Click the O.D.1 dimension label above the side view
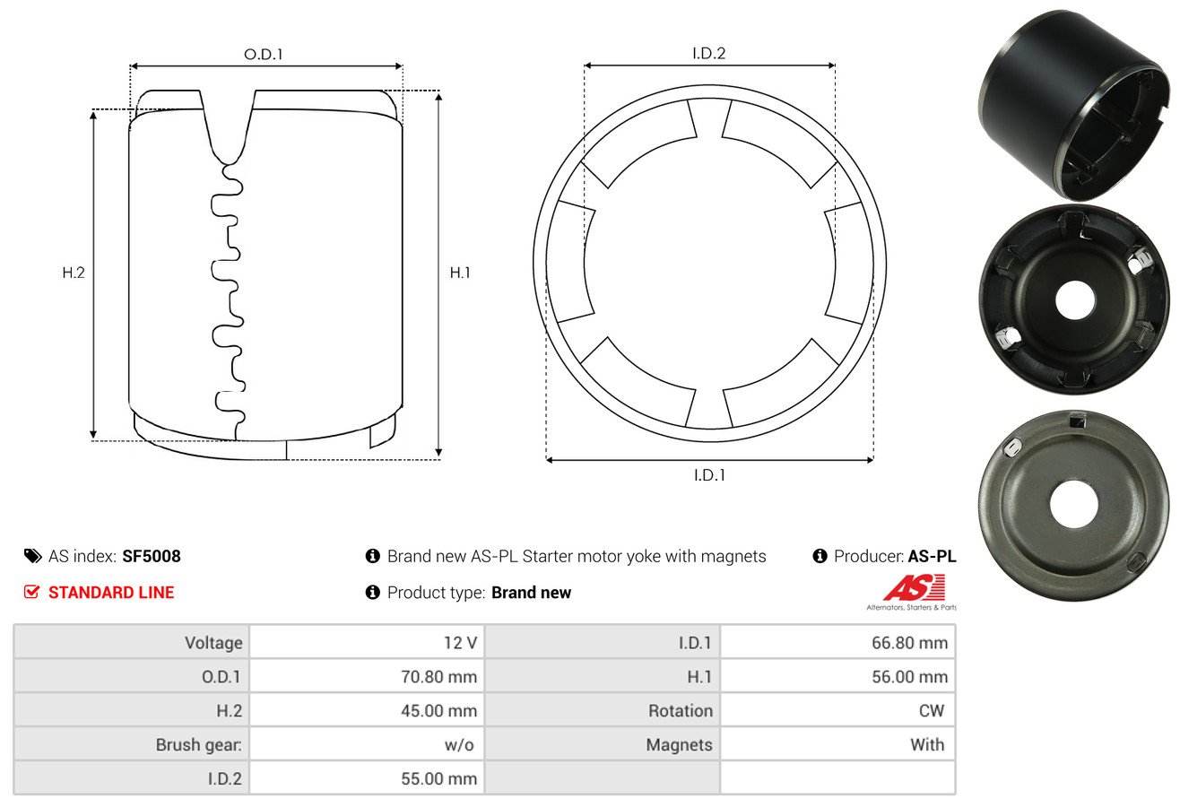264,54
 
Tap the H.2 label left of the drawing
74,273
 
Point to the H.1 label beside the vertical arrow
460,273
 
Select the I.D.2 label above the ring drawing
708,53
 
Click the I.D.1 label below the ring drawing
708,475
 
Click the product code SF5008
152,556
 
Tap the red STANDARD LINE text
111,593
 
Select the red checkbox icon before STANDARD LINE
32,592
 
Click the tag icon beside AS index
32,556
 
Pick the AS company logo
914,589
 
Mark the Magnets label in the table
679,744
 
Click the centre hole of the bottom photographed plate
1073,504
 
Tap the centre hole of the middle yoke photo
1075,300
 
